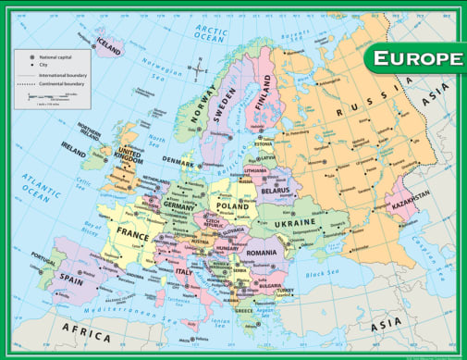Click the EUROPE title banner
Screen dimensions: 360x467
[x=415, y=58]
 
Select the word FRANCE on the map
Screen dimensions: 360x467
[x=131, y=235]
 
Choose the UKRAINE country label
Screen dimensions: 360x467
[x=297, y=223]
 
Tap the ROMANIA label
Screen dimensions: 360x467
[x=262, y=252]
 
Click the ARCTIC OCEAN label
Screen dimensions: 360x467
[x=210, y=34]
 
